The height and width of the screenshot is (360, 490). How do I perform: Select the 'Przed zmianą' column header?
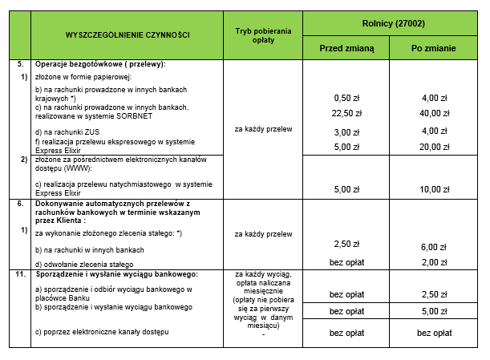coord(346,48)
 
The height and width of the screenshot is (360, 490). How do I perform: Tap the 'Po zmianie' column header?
coord(434,48)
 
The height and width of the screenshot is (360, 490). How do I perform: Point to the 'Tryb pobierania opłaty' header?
coord(264,35)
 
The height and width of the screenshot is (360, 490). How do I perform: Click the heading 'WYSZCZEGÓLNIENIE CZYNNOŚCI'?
coord(128,35)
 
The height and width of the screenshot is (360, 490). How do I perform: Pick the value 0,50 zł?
coord(347,97)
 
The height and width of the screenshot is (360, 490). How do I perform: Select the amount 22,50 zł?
coord(347,113)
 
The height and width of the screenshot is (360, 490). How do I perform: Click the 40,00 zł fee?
coord(435,113)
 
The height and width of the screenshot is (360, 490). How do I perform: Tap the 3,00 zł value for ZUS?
coord(347,131)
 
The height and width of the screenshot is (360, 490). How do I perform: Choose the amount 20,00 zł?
coord(435,147)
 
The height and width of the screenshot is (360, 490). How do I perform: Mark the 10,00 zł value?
coord(435,189)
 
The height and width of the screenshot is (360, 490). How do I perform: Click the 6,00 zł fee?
coord(435,247)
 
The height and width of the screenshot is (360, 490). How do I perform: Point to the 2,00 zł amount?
coord(435,262)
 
